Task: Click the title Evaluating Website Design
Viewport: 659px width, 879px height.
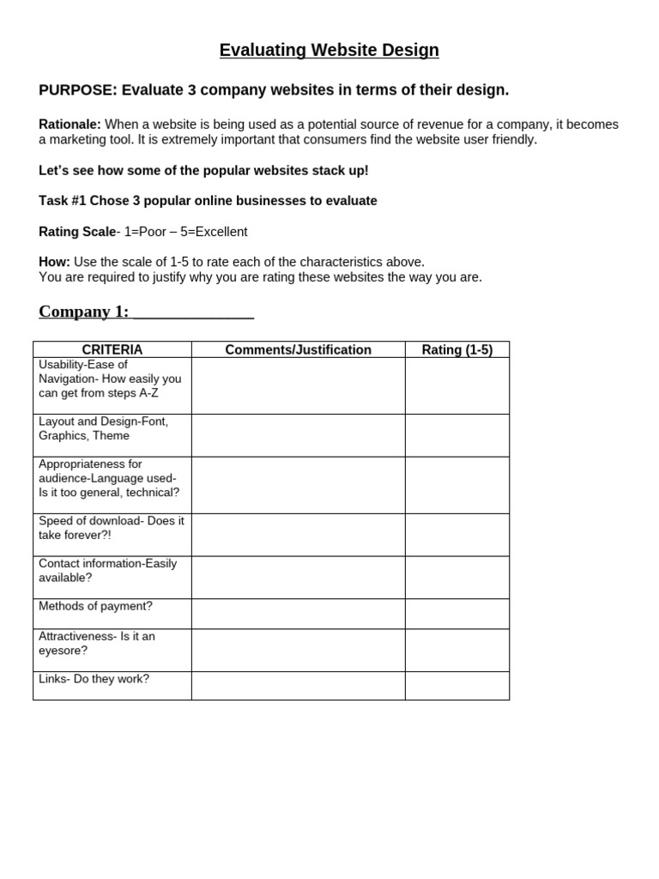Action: coord(329,51)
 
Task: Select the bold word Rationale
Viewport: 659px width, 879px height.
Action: coord(70,124)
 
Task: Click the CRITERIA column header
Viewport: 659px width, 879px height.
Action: coord(112,350)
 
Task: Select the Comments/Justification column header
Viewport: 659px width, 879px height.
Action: coord(298,350)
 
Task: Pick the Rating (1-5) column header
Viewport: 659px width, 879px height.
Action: coord(456,350)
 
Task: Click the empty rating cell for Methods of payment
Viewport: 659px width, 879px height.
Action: coord(456,614)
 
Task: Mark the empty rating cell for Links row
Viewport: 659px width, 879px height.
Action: coord(456,686)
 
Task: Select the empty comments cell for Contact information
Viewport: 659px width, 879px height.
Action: coord(298,577)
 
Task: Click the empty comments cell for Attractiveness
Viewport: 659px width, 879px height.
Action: coord(298,650)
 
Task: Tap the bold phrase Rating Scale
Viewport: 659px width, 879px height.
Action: coord(77,232)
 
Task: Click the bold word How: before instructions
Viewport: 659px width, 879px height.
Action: coord(55,262)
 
